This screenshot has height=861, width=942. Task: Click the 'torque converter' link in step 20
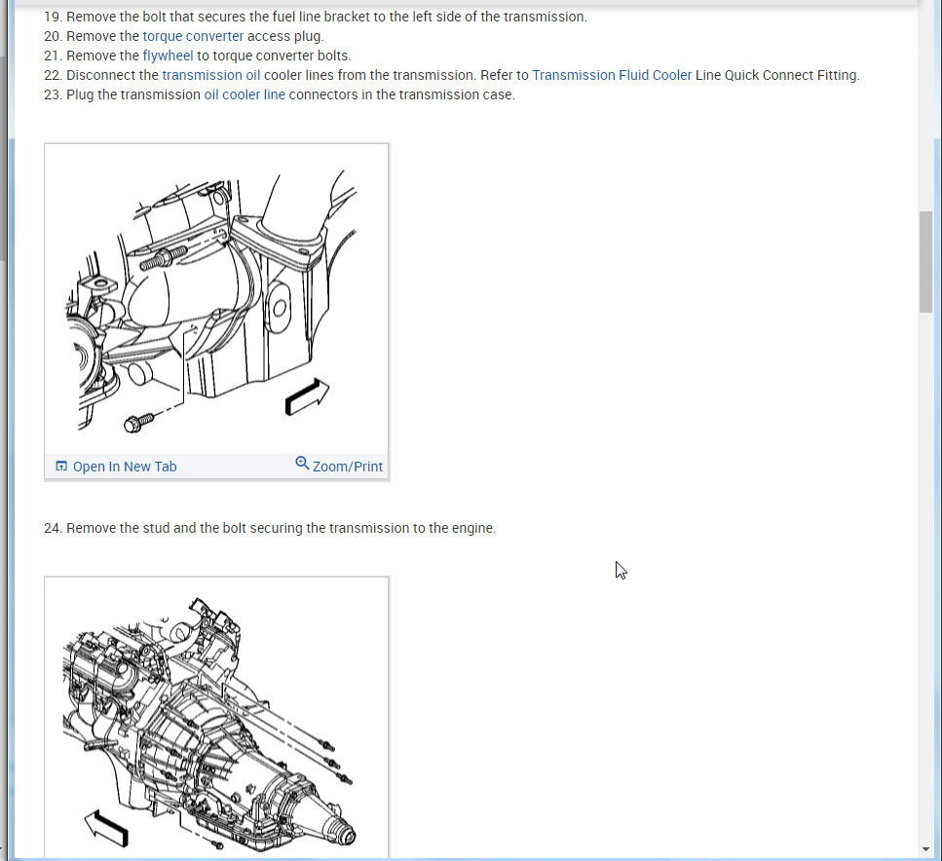coord(193,36)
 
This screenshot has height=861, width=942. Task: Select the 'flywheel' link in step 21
coord(168,56)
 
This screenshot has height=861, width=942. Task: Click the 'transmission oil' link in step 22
coord(210,75)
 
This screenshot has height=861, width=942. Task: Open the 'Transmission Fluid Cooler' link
coord(612,75)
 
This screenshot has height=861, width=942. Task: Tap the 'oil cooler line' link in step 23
coord(245,94)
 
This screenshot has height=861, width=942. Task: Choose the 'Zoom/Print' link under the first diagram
coord(347,467)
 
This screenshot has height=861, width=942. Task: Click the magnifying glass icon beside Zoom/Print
coord(302,464)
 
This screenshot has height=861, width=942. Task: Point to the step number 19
coord(52,17)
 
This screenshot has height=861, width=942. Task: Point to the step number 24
coord(52,528)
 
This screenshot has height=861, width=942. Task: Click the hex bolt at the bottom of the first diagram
coord(138,423)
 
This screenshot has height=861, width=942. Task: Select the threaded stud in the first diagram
coord(163,259)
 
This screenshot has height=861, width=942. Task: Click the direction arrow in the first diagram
coord(307,396)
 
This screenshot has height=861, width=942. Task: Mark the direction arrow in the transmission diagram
coord(106,829)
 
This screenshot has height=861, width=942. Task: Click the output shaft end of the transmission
coord(347,835)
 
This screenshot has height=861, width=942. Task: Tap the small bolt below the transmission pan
coord(218,844)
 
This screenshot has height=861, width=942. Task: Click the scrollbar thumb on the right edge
coord(925,261)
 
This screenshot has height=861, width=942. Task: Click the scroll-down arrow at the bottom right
coord(925,849)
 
